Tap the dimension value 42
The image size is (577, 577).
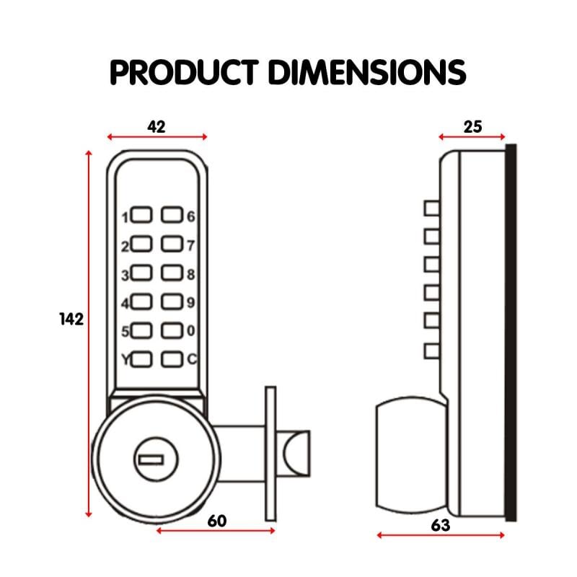[157, 126]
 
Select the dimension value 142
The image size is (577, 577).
[71, 319]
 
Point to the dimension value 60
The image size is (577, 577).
[217, 521]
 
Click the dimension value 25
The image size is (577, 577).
[472, 127]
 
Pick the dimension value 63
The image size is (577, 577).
[440, 525]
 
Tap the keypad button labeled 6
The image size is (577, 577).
[172, 215]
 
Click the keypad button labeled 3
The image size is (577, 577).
[142, 273]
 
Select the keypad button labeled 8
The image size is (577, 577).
[172, 273]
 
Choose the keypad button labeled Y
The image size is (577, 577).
[142, 358]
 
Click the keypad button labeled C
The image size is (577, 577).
[172, 358]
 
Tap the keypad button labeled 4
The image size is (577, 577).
[142, 302]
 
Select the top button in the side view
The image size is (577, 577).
[431, 208]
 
